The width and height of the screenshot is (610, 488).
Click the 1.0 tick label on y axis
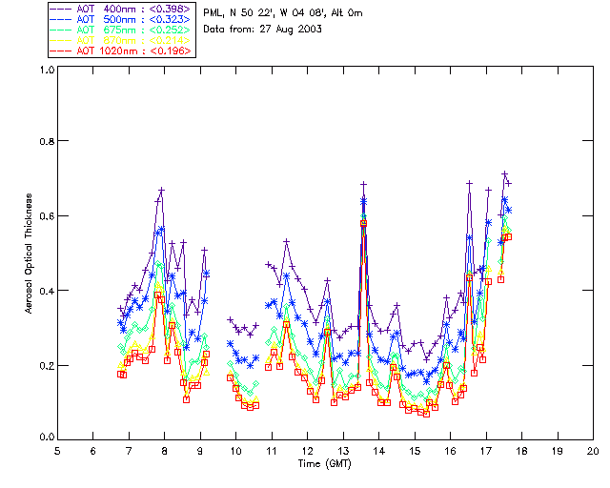pos(46,71)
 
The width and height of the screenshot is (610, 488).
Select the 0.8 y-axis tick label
pos(46,141)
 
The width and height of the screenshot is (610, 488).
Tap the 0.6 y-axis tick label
pos(46,215)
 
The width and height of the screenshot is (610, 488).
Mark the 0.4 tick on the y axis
pos(46,290)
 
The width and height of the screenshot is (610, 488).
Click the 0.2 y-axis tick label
pos(46,365)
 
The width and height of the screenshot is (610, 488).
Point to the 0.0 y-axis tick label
pos(46,438)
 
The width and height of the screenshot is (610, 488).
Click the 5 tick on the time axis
pos(57,450)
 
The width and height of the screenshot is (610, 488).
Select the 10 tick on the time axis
pos(235,450)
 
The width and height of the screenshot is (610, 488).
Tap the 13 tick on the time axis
pos(343,450)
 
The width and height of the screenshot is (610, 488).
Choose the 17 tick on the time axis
pos(486,450)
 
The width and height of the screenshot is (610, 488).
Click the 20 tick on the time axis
pos(593,450)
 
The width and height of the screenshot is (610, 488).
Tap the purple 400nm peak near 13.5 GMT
pos(363,184)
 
